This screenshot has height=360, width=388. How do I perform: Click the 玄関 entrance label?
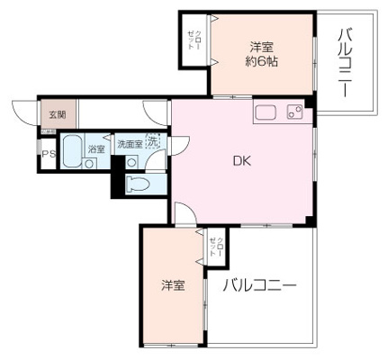(x=58, y=114)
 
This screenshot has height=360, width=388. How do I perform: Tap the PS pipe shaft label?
(x=47, y=154)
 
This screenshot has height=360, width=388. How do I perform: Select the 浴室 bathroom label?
(x=95, y=148)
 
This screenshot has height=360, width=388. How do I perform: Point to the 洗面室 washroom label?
(x=130, y=144)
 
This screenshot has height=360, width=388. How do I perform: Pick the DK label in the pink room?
(x=241, y=162)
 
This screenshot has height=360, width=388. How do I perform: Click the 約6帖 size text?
(x=263, y=60)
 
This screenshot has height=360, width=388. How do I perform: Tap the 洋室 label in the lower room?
(x=173, y=286)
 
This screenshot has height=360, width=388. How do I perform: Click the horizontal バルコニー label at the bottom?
(x=258, y=286)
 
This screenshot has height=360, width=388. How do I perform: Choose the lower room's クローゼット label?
(x=214, y=245)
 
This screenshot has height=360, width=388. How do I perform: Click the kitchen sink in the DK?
(x=266, y=112)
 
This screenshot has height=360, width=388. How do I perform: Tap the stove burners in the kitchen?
(x=293, y=112)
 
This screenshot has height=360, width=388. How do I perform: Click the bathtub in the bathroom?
(x=72, y=148)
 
